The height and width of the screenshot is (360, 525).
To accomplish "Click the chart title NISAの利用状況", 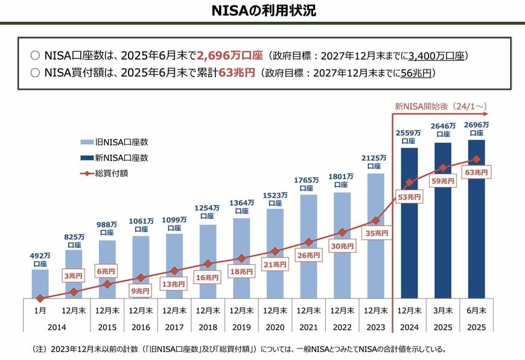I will pyautogui.click(x=263, y=11).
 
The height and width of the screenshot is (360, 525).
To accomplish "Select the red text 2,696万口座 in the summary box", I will pyautogui.click(x=230, y=55).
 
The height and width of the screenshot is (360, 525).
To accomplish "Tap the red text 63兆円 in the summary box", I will pyautogui.click(x=237, y=72).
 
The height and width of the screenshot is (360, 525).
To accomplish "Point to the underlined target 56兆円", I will pyautogui.click(x=416, y=72).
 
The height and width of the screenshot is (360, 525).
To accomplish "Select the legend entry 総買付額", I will pyautogui.click(x=111, y=173).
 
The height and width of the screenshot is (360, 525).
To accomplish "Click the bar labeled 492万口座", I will pyautogui.click(x=40, y=283).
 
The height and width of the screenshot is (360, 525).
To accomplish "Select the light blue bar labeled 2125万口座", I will pyautogui.click(x=375, y=241).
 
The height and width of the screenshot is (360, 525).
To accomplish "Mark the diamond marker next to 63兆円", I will pyautogui.click(x=476, y=159).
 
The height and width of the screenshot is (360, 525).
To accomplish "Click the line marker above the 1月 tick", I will pyautogui.click(x=40, y=298).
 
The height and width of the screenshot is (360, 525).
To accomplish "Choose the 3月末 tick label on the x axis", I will pyautogui.click(x=442, y=311).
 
